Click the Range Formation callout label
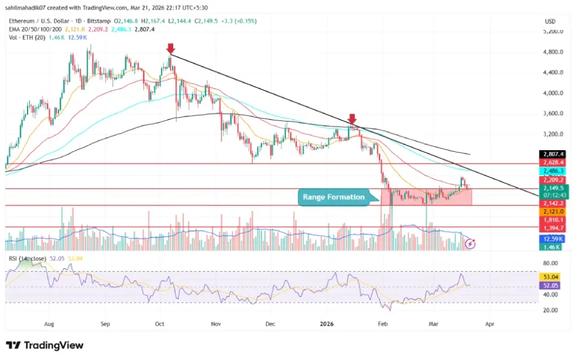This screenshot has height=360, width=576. (334, 197)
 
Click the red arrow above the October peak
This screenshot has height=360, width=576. (170, 49)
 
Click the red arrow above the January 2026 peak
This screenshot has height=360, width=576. (352, 119)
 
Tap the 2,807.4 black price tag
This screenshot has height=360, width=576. (551, 154)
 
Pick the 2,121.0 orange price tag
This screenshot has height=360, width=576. (551, 211)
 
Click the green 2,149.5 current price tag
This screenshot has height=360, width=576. (551, 188)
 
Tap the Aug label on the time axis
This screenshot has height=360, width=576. (49, 325)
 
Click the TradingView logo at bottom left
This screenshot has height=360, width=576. (44, 345)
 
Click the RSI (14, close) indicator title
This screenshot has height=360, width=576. (27, 258)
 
